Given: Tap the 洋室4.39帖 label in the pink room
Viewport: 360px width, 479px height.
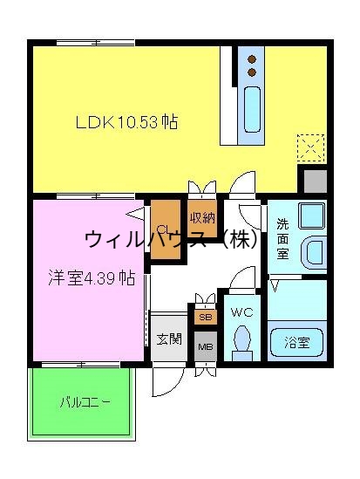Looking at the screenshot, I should [x=91, y=278].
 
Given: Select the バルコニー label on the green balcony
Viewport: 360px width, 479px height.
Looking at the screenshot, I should [x=85, y=402].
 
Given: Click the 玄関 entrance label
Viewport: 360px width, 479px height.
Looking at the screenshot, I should [x=169, y=339].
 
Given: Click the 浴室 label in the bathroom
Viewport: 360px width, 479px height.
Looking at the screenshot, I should [x=297, y=340].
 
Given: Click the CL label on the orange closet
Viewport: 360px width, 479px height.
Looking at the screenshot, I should [x=163, y=229].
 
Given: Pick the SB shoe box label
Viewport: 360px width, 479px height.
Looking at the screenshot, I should [x=205, y=317].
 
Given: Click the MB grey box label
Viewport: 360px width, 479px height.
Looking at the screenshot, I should [x=205, y=346].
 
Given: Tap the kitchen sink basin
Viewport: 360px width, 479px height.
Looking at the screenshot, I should [x=252, y=108].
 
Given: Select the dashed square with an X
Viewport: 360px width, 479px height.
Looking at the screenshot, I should [x=311, y=147].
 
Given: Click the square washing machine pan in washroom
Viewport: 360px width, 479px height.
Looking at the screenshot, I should [x=310, y=215].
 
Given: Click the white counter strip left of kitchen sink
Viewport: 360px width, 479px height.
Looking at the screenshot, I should [x=228, y=95].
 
